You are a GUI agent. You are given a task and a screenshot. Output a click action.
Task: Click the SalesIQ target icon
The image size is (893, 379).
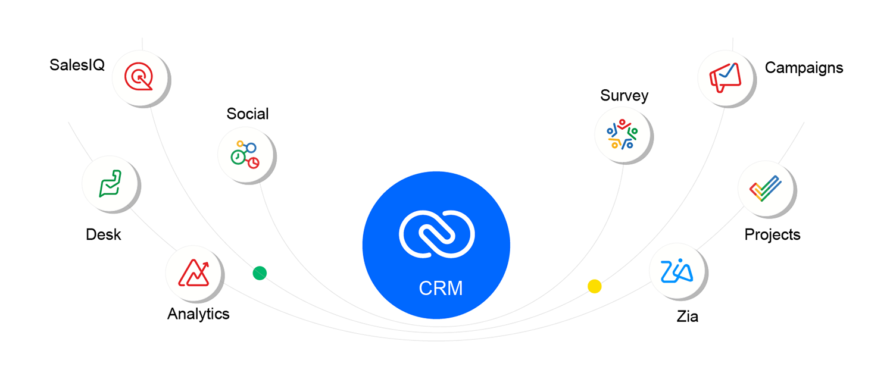pyautogui.click(x=139, y=77)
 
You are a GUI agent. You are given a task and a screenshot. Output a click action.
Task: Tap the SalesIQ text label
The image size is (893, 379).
pyautogui.click(x=77, y=65)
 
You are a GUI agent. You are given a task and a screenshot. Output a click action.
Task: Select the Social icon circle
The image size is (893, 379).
pyautogui.click(x=245, y=154)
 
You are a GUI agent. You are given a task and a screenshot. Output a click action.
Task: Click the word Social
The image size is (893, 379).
pyautogui.click(x=248, y=114)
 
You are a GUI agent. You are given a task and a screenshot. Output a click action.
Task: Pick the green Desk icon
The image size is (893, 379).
pyautogui.click(x=110, y=184)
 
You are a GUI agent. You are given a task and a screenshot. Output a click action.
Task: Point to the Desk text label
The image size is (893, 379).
pyautogui.click(x=103, y=234)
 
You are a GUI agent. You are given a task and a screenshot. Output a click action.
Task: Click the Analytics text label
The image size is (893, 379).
pyautogui.click(x=198, y=314)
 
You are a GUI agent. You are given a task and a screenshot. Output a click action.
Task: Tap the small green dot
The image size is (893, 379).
pyautogui.click(x=260, y=273)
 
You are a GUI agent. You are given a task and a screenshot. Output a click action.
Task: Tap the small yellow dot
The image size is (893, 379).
pyautogui.click(x=594, y=286)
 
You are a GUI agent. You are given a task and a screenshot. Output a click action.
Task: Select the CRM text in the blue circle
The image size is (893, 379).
pyautogui.click(x=441, y=289)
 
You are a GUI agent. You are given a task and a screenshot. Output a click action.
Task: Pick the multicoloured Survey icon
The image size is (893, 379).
pyautogui.click(x=622, y=134)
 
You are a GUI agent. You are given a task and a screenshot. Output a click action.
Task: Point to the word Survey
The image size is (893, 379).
pyautogui.click(x=624, y=95)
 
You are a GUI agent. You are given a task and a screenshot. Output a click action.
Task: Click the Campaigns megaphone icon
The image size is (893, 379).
pyautogui.click(x=725, y=77)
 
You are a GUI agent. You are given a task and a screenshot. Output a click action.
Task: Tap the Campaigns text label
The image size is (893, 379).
pyautogui.click(x=804, y=68)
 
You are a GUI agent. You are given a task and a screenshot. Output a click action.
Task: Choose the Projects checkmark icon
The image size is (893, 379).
pyautogui.click(x=766, y=189)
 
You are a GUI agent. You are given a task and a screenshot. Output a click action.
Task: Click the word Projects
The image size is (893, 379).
pyautogui.click(x=772, y=234)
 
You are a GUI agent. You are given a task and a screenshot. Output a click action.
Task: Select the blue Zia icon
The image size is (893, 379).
pyautogui.click(x=677, y=271)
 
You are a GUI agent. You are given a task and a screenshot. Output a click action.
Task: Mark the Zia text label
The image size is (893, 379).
pyautogui.click(x=687, y=317)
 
